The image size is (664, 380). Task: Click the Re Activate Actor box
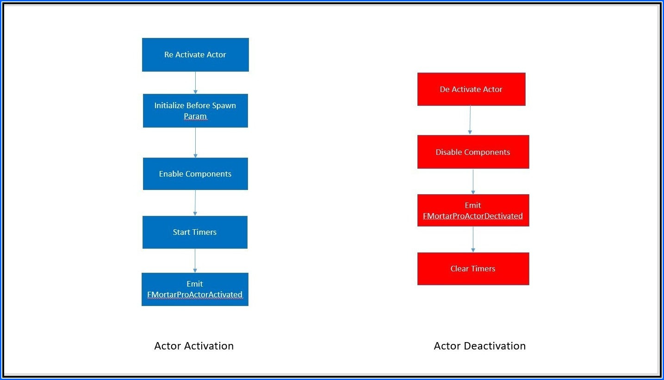[195, 55]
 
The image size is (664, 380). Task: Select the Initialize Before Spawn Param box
[195, 111]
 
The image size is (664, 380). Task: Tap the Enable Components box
[195, 174]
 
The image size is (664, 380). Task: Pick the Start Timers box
[195, 232]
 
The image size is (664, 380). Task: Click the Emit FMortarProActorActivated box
[195, 289]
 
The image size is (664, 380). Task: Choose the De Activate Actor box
[472, 89]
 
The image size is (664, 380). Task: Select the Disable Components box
[473, 152]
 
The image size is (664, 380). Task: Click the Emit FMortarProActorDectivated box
[473, 210]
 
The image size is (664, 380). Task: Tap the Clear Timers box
[473, 269]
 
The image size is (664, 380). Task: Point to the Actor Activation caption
[194, 346]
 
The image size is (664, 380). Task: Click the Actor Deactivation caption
[480, 346]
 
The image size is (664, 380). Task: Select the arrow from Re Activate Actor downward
[195, 83]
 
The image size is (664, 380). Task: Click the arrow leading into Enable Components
[195, 142]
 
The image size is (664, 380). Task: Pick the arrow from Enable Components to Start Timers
[195, 203]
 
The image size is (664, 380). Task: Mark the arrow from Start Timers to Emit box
[195, 261]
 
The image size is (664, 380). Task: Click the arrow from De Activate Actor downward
[470, 120]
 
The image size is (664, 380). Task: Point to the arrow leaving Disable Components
[473, 182]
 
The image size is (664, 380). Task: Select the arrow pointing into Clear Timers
[473, 239]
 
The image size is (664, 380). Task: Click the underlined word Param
[195, 116]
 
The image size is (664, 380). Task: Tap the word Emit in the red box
[473, 205]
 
